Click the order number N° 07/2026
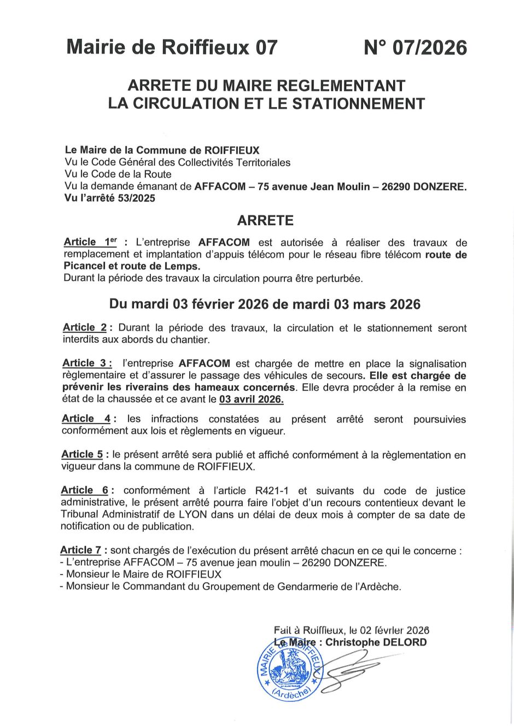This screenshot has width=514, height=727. (415, 48)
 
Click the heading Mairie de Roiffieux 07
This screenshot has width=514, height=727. (172, 48)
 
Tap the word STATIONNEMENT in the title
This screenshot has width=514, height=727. (359, 103)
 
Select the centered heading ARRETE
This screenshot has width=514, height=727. (265, 220)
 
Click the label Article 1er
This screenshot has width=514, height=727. (90, 242)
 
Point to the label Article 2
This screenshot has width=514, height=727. (85, 327)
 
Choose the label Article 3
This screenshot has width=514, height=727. (87, 363)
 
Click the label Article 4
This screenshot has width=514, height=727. (86, 419)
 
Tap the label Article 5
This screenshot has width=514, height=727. (82, 454)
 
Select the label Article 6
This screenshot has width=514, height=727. (85, 490)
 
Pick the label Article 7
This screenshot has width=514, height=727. (81, 550)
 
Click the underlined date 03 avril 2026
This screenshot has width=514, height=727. (251, 399)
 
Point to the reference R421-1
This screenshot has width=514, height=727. (273, 490)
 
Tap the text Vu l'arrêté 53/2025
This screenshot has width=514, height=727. (110, 198)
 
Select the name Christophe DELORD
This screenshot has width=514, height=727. (376, 642)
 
